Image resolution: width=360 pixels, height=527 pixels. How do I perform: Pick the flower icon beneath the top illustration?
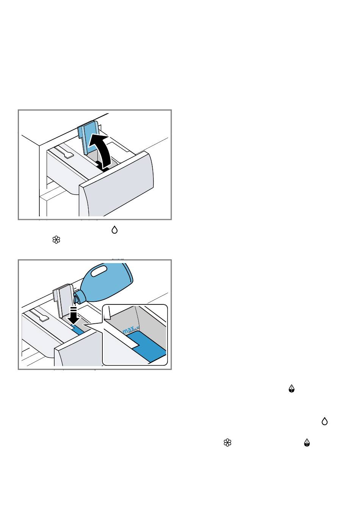pyautogui.click(x=56, y=240)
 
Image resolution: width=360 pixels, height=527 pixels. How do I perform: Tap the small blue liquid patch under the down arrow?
pyautogui.click(x=77, y=328)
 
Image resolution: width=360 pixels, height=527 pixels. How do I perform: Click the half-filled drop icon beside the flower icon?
pyautogui.click(x=307, y=443)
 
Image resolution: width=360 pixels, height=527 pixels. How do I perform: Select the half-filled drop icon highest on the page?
pyautogui.click(x=291, y=388)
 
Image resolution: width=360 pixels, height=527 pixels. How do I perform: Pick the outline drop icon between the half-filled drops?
pyautogui.click(x=324, y=421)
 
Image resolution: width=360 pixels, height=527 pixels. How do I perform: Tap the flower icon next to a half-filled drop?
pyautogui.click(x=227, y=443)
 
